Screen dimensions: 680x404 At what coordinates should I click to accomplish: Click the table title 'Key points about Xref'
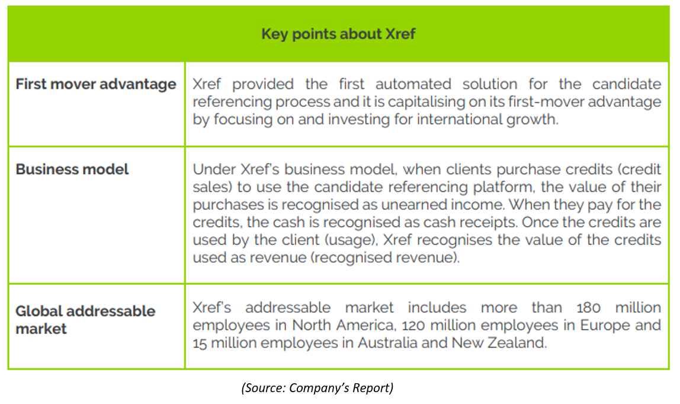(x=338, y=34)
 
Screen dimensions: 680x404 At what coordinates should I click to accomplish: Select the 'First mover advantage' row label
(x=96, y=84)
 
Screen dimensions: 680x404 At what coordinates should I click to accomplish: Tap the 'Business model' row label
(x=72, y=169)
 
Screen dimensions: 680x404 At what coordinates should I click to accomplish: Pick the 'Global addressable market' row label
(x=85, y=320)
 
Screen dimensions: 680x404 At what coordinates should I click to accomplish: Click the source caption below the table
(x=317, y=387)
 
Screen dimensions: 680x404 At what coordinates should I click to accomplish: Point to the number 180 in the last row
(x=589, y=307)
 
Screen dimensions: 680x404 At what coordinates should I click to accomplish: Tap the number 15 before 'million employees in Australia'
(x=200, y=343)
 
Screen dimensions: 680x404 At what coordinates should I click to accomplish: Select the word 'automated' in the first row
(x=413, y=84)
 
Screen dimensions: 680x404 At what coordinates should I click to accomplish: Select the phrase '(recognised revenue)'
(x=384, y=257)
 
